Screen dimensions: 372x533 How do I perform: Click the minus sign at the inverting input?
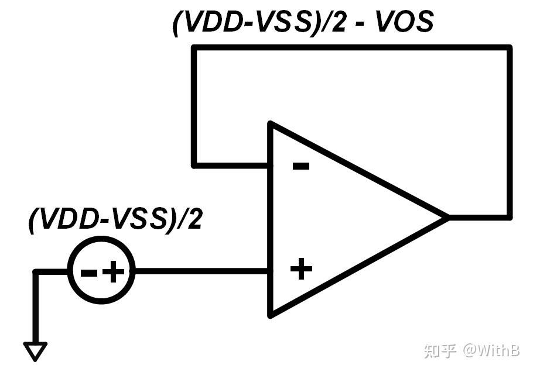click(300, 167)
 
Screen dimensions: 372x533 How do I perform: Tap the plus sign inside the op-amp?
click(301, 270)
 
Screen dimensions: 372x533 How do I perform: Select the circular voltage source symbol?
click(101, 270)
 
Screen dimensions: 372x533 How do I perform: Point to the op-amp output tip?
click(446, 218)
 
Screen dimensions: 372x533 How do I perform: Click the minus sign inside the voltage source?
click(88, 272)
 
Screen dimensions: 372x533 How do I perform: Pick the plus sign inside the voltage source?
click(115, 271)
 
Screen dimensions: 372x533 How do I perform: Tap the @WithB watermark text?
click(491, 350)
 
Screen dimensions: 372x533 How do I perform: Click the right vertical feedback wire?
click(509, 135)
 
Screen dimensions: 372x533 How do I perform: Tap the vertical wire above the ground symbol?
click(36, 307)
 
